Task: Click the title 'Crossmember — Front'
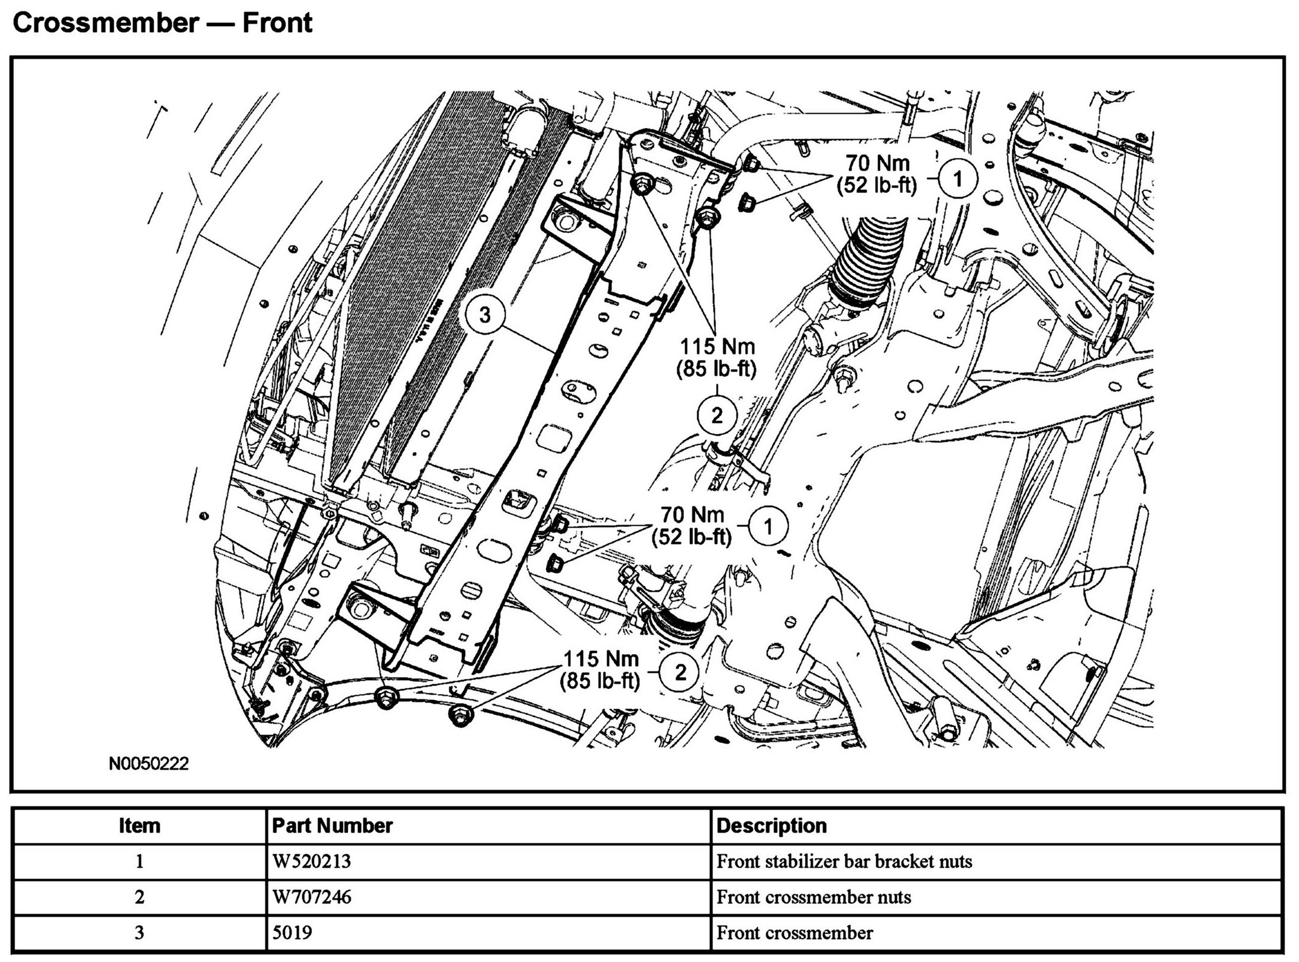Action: [x=162, y=24]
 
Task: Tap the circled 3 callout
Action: [x=485, y=315]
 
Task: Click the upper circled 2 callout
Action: [x=717, y=416]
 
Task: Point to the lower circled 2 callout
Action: [x=680, y=672]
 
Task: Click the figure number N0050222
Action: [x=149, y=764]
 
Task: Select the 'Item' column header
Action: [x=140, y=826]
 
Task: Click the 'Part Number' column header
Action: [x=333, y=826]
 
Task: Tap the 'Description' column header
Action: [x=772, y=826]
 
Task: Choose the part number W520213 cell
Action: [x=311, y=861]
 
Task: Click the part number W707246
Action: [x=311, y=897]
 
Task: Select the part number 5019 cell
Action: [x=293, y=932]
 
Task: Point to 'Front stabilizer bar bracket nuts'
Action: [x=844, y=861]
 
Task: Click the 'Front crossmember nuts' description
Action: [x=814, y=897]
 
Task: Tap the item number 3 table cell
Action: [x=140, y=932]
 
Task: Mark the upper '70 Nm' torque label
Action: [x=877, y=163]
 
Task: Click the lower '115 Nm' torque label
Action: [x=601, y=658]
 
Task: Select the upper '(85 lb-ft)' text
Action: [x=717, y=369]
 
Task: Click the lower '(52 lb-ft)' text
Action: [x=692, y=536]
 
